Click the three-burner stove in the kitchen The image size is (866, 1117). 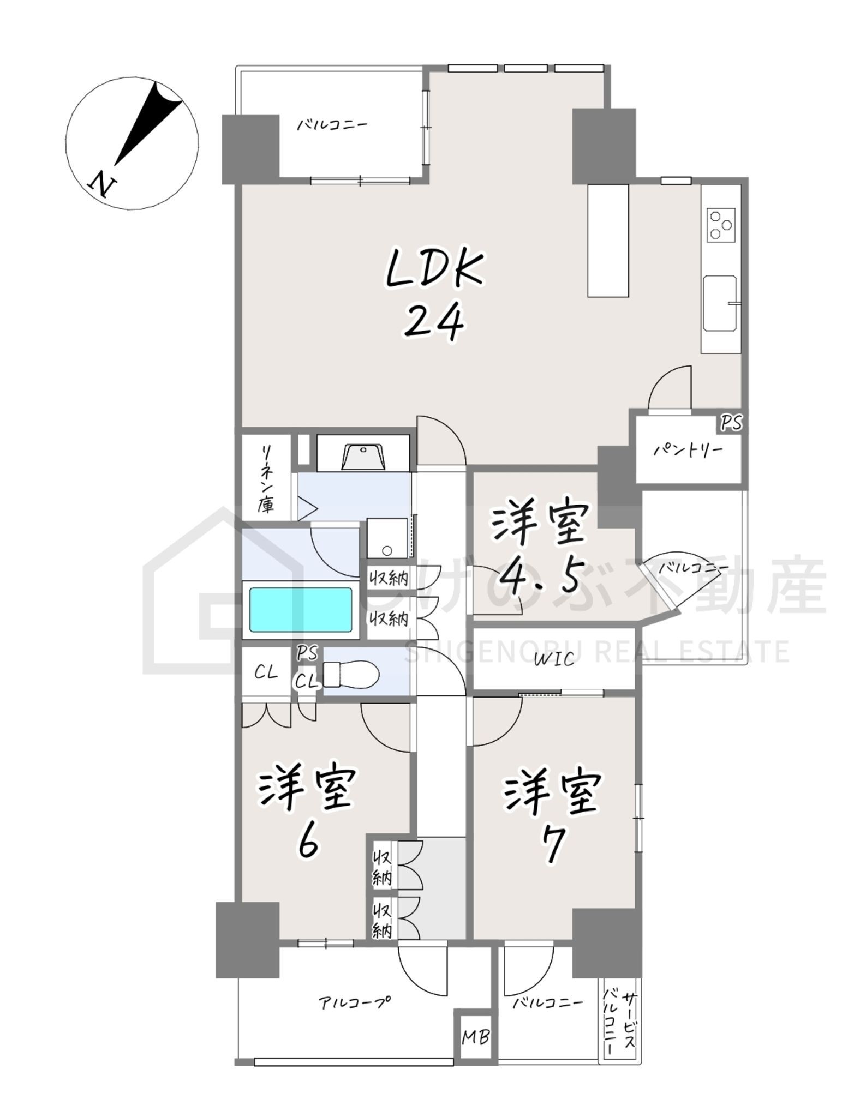(x=721, y=224)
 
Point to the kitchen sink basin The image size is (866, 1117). (x=720, y=303)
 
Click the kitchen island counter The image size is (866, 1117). (x=608, y=241)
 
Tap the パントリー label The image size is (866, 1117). (x=688, y=451)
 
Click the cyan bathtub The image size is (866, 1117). (x=301, y=609)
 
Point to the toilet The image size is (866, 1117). (x=351, y=675)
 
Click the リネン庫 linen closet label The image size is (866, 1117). (x=267, y=478)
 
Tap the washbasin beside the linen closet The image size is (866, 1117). (x=363, y=457)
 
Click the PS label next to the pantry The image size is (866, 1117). (x=731, y=423)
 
